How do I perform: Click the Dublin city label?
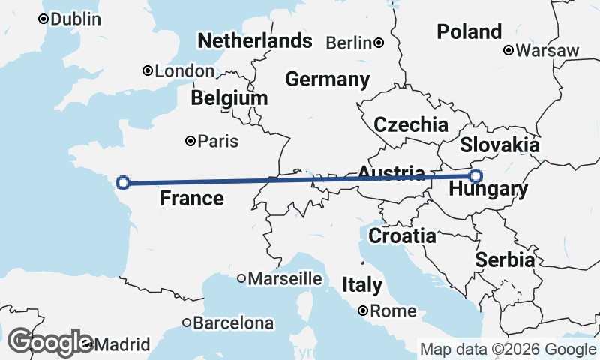(x=76, y=19)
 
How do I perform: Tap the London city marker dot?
(x=148, y=71)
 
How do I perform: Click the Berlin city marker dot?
(x=379, y=43)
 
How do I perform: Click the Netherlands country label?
(x=254, y=40)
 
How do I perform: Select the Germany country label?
(x=328, y=79)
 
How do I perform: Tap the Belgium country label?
(x=229, y=98)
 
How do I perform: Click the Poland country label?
(x=469, y=31)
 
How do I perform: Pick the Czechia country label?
(x=411, y=125)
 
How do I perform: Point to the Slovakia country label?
(x=499, y=145)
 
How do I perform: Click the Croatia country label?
(x=402, y=236)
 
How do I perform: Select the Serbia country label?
(x=505, y=260)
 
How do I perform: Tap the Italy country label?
(x=362, y=285)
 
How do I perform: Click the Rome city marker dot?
(x=363, y=310)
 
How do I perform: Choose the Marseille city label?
(x=285, y=279)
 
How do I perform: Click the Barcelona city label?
(x=233, y=324)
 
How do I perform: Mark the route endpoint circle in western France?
(x=124, y=181)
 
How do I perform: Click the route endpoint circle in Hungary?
(x=475, y=176)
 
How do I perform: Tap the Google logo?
(x=50, y=342)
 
